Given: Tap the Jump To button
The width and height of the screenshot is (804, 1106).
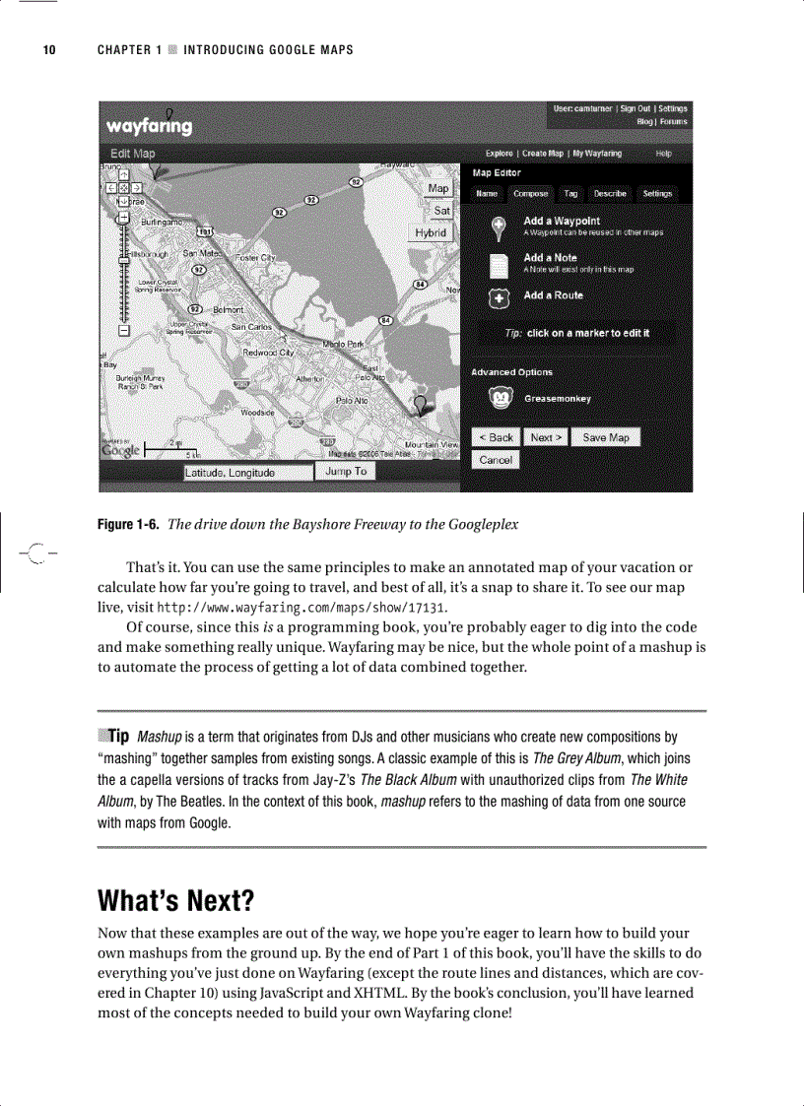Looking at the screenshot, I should click(x=345, y=472).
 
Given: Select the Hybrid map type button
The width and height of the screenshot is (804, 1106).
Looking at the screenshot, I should click(x=431, y=233).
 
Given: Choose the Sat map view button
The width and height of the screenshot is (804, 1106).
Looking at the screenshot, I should click(x=441, y=211).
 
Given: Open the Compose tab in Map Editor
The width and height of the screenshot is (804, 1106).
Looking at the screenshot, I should click(x=530, y=194).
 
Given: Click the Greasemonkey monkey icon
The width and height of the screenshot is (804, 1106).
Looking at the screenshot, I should click(x=502, y=399).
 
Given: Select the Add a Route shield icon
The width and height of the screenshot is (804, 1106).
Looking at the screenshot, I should click(x=501, y=296).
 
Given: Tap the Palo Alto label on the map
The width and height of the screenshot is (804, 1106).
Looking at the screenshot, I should click(x=353, y=401).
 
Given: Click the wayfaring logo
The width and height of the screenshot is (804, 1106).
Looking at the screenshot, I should click(x=150, y=126).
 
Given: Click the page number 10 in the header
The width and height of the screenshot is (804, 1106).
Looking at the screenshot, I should click(x=48, y=50).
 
